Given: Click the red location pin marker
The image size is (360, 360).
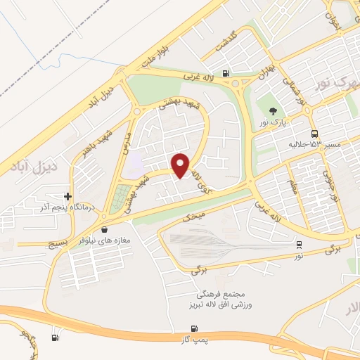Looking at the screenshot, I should [180, 165].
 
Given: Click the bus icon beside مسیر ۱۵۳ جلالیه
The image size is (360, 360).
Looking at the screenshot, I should [314, 134].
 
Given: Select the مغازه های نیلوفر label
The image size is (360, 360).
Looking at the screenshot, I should [105, 240].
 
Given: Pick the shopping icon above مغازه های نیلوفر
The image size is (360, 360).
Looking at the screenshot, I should [105, 229].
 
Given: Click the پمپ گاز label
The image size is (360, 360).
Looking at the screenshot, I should [195, 340].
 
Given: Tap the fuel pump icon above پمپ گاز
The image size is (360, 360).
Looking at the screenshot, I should [195, 328].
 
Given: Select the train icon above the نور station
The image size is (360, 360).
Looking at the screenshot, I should [300, 245].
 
